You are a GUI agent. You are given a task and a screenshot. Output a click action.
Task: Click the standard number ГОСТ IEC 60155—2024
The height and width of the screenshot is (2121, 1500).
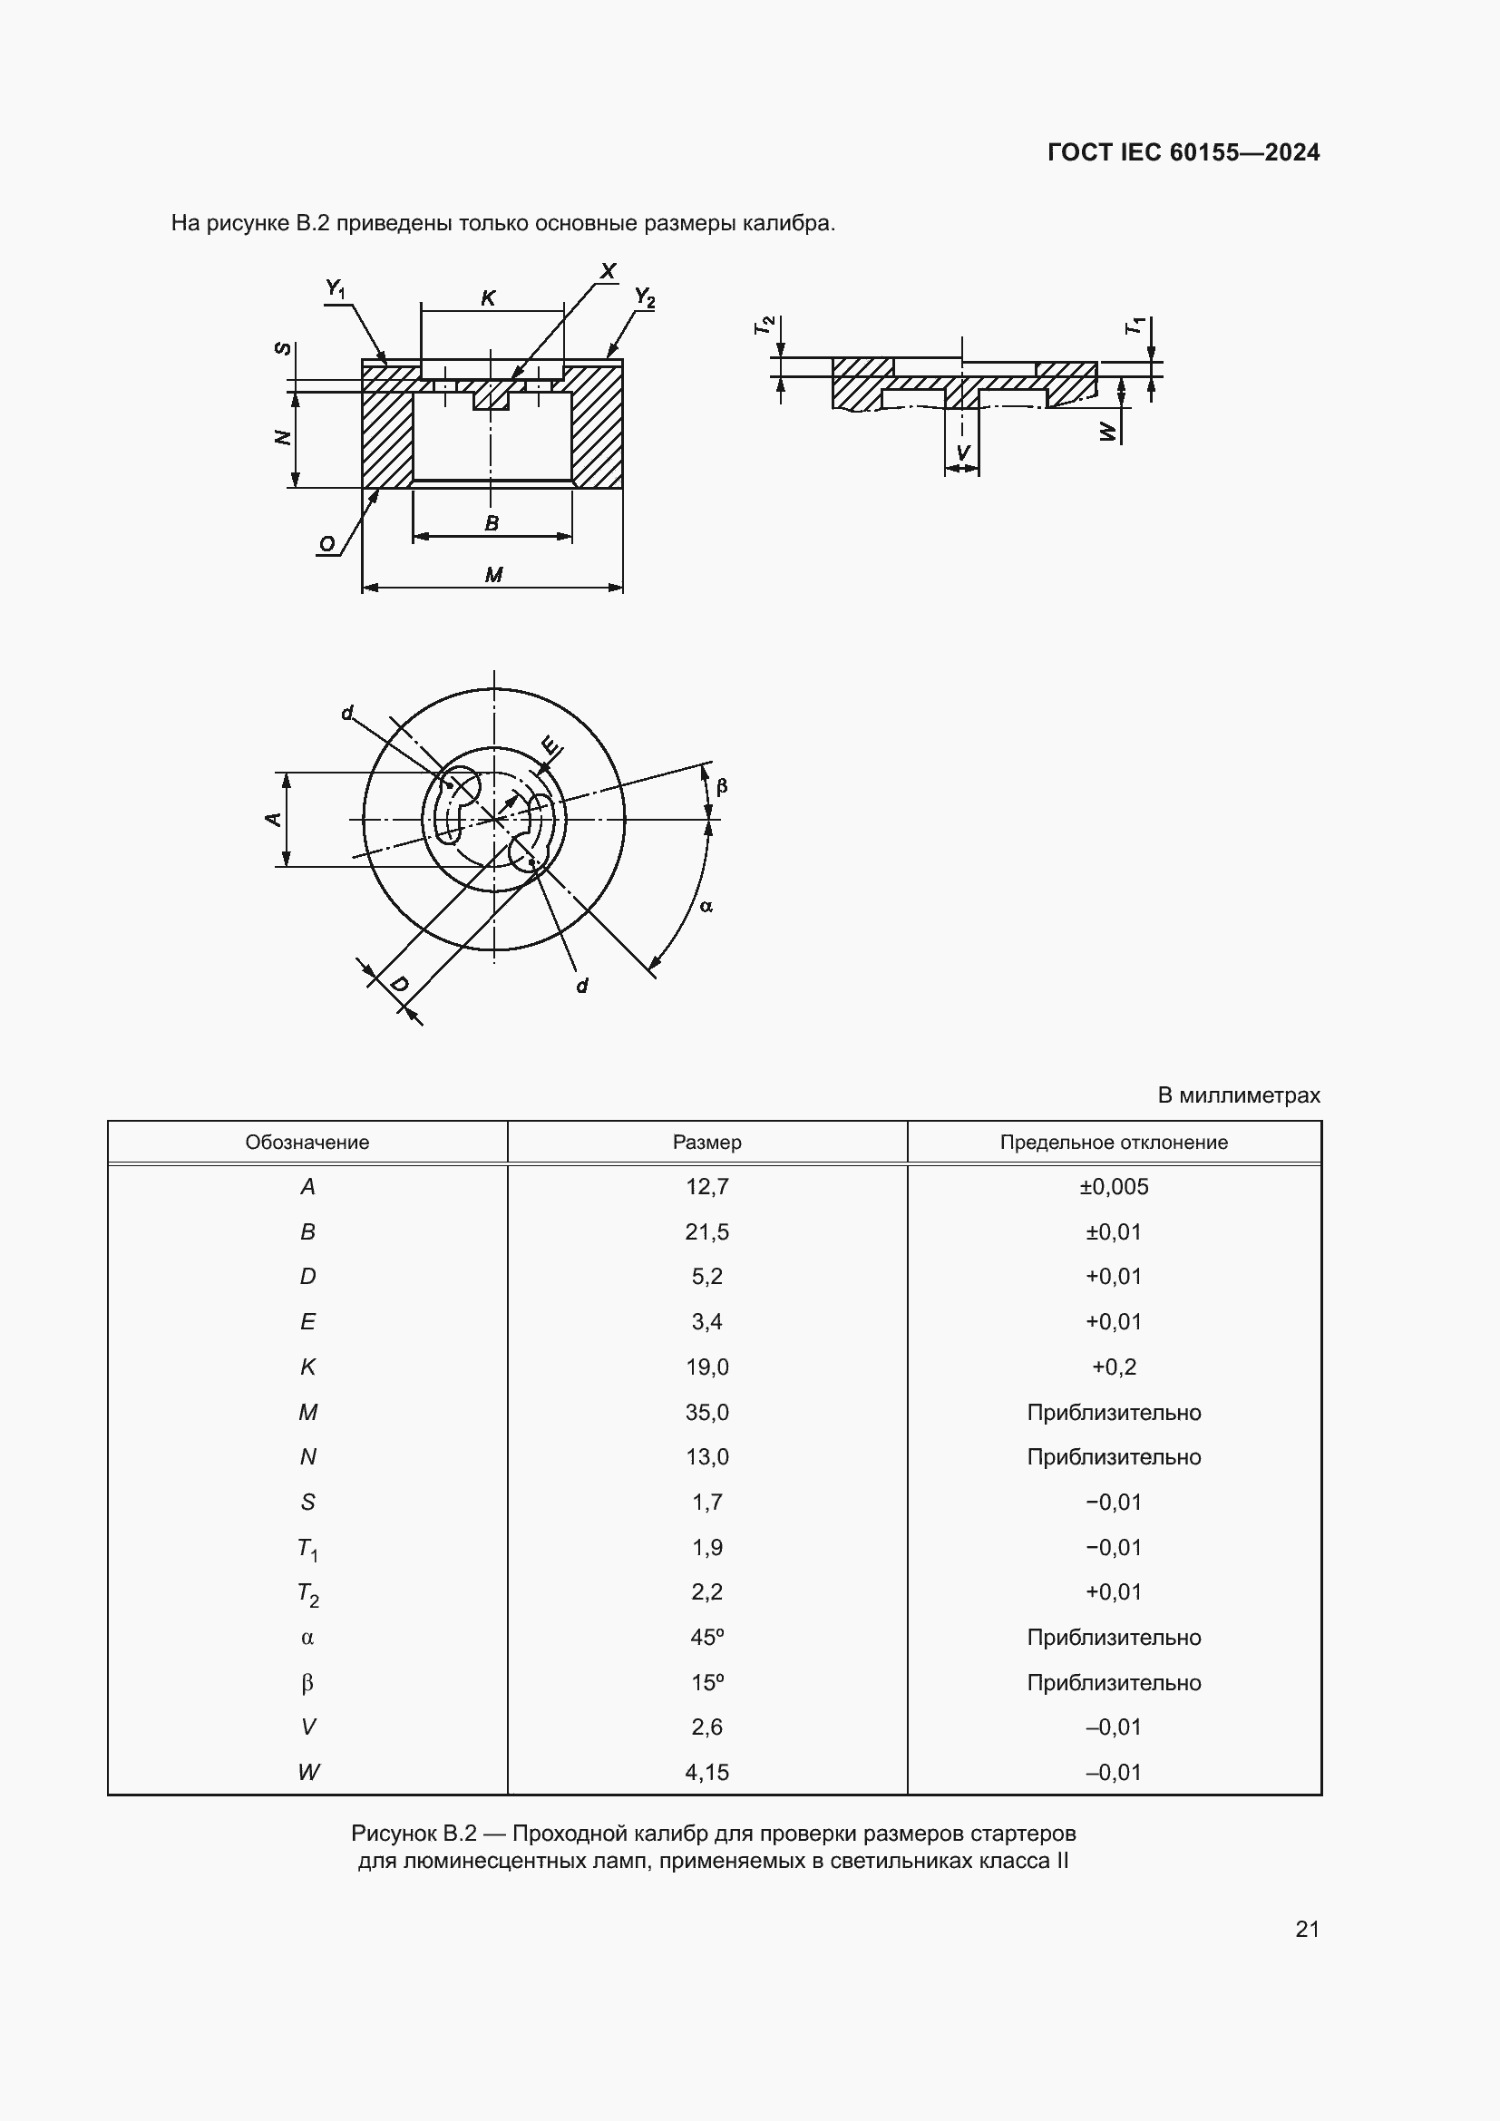(1183, 152)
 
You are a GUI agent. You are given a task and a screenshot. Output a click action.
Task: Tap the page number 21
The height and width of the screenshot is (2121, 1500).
(1307, 1929)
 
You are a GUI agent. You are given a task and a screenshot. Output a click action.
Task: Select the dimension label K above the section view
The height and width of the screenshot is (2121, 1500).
(489, 297)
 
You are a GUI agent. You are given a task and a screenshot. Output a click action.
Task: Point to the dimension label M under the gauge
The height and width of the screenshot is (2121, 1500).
(493, 575)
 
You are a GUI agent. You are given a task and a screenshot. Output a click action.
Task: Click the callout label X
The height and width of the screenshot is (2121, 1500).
(608, 270)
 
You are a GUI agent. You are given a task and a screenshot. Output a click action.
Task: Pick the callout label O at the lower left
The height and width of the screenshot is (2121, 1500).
(327, 544)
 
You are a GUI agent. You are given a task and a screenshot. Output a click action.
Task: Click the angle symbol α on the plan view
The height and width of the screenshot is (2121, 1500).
(706, 906)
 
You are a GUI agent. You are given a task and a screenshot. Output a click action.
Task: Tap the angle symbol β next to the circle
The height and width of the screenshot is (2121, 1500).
(721, 786)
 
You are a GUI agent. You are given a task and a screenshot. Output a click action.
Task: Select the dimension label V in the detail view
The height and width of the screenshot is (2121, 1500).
(962, 452)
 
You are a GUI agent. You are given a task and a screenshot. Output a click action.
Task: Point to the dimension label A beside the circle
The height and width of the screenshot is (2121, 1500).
(273, 819)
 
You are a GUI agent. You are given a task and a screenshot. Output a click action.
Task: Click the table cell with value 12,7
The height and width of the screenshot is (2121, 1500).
(706, 1187)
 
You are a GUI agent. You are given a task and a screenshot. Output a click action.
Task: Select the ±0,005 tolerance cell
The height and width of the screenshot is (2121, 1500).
(1113, 1187)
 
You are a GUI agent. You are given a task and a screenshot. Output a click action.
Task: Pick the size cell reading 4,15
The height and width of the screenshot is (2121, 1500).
(706, 1773)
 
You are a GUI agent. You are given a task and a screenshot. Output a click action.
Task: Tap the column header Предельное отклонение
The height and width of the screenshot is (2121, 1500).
(1113, 1143)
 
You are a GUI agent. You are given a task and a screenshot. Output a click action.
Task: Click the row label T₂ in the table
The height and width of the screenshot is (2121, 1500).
(307, 1593)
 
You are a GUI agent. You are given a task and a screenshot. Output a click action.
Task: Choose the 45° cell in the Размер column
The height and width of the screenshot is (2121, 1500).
(706, 1638)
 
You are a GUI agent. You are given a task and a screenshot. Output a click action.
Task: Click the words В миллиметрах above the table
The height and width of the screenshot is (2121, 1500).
(1238, 1095)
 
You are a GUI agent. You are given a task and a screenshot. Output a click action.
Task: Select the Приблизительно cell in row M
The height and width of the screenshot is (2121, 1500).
(1113, 1413)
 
